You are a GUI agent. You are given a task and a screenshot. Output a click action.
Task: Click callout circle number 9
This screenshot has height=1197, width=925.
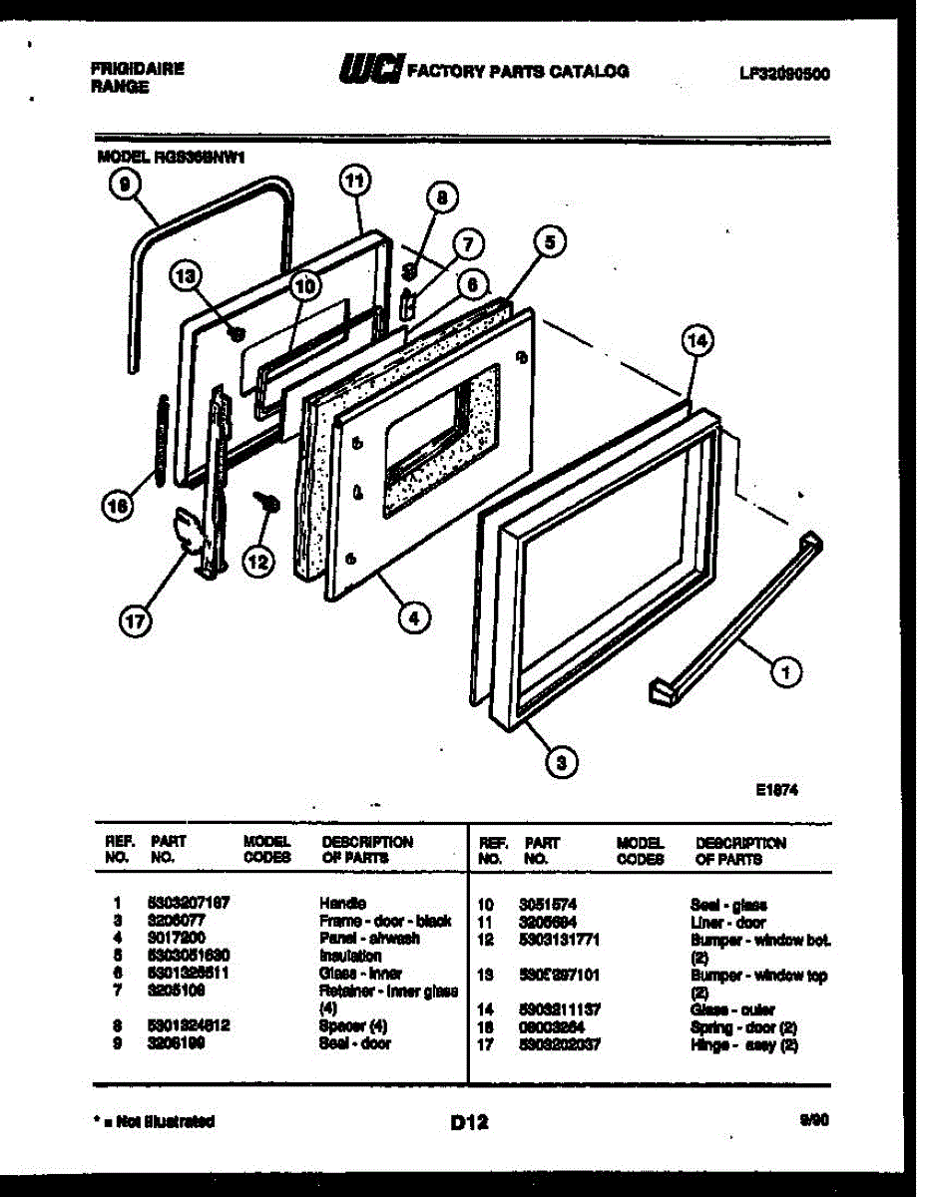[123, 186]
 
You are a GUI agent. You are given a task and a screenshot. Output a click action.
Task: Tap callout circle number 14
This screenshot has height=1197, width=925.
[698, 342]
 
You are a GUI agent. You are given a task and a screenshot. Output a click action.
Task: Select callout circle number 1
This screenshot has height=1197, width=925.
[787, 674]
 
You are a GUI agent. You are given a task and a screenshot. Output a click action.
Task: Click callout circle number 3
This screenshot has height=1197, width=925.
[561, 765]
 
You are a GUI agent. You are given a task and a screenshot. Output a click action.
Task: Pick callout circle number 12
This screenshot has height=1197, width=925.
[258, 563]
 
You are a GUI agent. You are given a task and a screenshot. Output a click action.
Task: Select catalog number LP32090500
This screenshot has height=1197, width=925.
[783, 73]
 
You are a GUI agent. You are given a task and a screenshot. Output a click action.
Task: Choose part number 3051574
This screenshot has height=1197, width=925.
[548, 904]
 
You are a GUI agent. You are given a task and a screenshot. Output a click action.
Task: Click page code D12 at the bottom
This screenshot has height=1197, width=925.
[468, 1121]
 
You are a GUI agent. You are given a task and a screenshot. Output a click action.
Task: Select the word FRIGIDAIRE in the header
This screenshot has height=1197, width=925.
[137, 70]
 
